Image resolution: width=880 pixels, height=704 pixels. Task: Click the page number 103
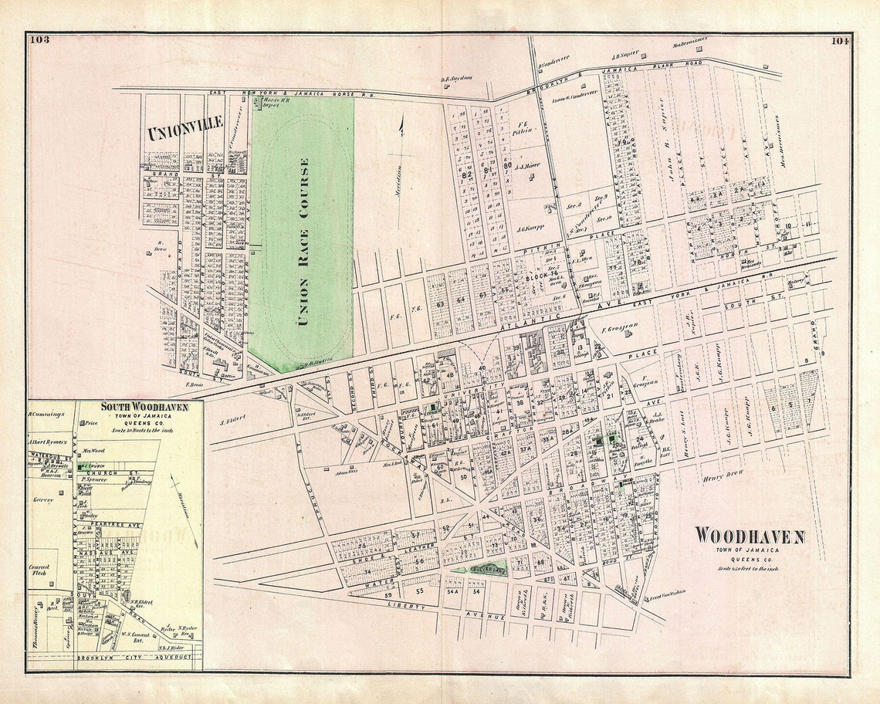coord(39,40)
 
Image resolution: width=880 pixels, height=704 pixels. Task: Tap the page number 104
coord(840,41)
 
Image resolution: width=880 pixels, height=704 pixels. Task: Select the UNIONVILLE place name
coord(185,128)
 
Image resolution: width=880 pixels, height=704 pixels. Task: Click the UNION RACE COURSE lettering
coord(303,242)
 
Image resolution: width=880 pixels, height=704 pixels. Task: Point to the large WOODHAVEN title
coord(749,536)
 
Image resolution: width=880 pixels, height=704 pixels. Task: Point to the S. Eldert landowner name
coord(232,421)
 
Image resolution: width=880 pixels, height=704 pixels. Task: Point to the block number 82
coord(465,174)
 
